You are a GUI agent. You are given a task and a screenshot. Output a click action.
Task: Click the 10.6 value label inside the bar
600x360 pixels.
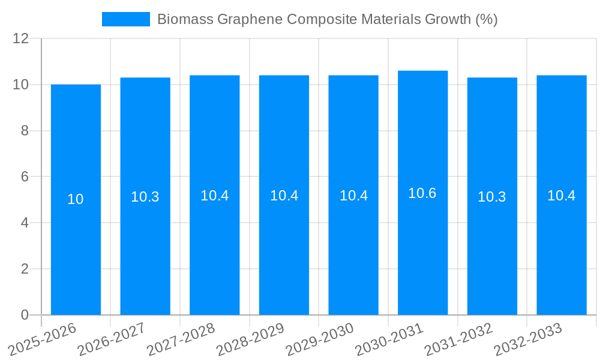coord(422,193)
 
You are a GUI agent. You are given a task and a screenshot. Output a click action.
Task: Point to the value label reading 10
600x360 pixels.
coord(76,200)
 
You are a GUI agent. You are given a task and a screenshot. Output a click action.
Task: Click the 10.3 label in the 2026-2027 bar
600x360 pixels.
coord(145,197)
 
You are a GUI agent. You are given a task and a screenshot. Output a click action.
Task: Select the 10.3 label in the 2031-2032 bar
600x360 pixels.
coord(492,197)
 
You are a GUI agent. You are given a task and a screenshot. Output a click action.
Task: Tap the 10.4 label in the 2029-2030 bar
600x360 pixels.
coord(353,196)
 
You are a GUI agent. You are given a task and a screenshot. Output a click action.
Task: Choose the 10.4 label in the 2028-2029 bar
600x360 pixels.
coord(284,196)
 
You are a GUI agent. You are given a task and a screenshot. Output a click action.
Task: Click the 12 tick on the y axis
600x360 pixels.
coord(21,38)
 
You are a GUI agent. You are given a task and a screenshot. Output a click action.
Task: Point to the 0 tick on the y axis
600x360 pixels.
coord(25,315)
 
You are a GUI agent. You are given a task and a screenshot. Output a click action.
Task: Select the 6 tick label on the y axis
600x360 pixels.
coord(25,177)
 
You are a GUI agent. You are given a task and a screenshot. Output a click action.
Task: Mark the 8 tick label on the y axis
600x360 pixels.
coord(25,131)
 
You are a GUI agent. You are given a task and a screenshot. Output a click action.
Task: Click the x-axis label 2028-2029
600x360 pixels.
coord(250,340)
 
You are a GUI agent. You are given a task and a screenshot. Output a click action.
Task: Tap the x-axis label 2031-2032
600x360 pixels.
coord(458,340)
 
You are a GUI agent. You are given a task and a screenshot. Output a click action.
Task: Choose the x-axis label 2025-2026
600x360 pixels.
coord(42,340)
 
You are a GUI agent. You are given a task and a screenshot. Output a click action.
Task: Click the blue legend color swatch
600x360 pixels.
coord(126,19)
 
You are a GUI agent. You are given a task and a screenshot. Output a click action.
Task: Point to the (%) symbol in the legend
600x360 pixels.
coord(486,19)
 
